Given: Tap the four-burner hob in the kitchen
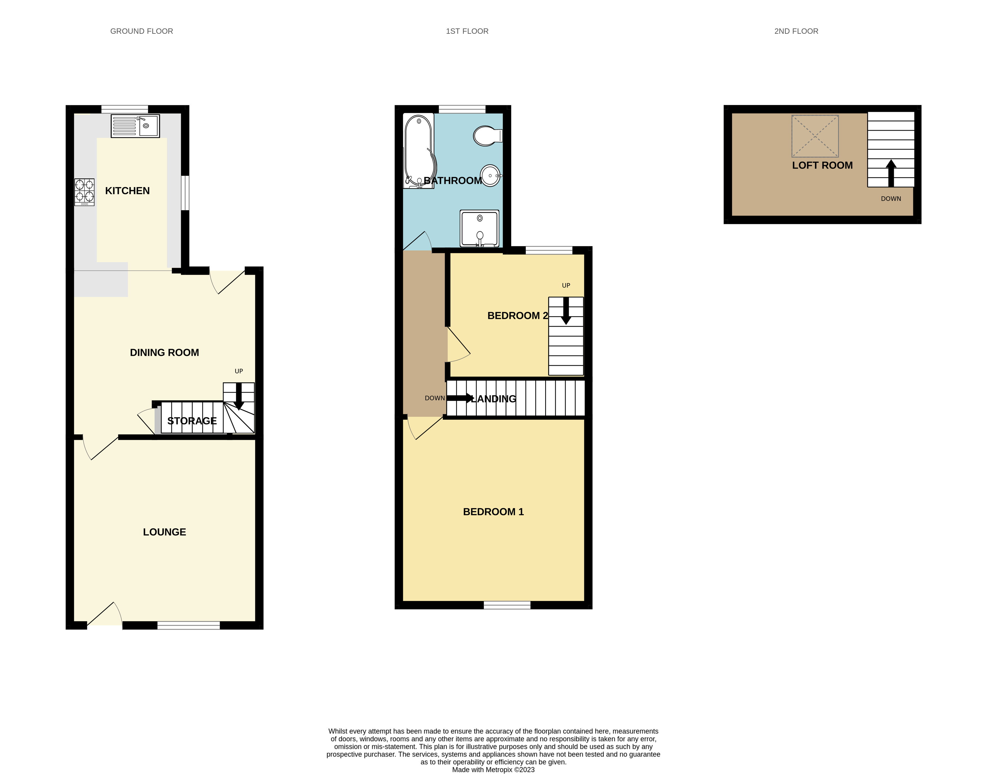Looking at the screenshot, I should click(84, 192).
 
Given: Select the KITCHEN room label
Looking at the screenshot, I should click(127, 191).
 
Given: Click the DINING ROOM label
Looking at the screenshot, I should click(164, 353).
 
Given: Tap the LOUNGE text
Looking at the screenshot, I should click(164, 532).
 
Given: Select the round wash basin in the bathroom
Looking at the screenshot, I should click(490, 175).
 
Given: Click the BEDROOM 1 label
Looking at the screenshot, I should click(493, 511).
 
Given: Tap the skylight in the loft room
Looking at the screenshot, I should click(815, 136).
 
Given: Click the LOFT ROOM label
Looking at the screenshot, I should click(822, 165).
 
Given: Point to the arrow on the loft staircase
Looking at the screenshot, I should click(891, 173).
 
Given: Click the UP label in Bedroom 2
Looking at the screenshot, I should click(566, 286).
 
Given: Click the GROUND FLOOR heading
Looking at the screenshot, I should click(141, 31).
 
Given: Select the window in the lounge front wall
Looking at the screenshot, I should click(189, 625).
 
